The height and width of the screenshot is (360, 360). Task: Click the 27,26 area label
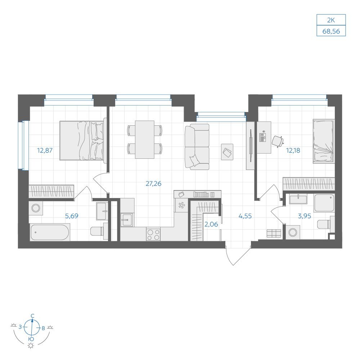[x=153, y=184]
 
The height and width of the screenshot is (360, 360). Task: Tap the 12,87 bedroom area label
[x=45, y=150]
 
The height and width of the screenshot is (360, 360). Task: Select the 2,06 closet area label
[x=211, y=224]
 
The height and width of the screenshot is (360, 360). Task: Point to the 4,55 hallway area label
[x=245, y=216]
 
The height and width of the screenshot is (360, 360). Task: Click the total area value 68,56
[x=331, y=31]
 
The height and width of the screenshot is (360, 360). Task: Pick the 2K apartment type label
[x=331, y=20]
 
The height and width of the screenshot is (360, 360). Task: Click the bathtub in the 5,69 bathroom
[x=50, y=233]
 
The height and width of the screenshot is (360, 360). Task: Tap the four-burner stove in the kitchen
[x=153, y=234]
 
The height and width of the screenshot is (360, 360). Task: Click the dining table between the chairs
[x=145, y=140]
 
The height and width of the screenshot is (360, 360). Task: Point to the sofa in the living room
[x=197, y=147]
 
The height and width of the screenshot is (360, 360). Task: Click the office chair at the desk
[x=278, y=141]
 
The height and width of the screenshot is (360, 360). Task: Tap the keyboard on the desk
[x=263, y=137]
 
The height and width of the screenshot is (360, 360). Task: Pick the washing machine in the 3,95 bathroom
[x=293, y=232]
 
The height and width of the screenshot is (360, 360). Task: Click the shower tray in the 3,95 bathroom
[x=324, y=203]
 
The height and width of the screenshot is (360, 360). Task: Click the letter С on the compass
[x=33, y=316]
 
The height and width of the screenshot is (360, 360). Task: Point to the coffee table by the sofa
[x=227, y=152]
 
